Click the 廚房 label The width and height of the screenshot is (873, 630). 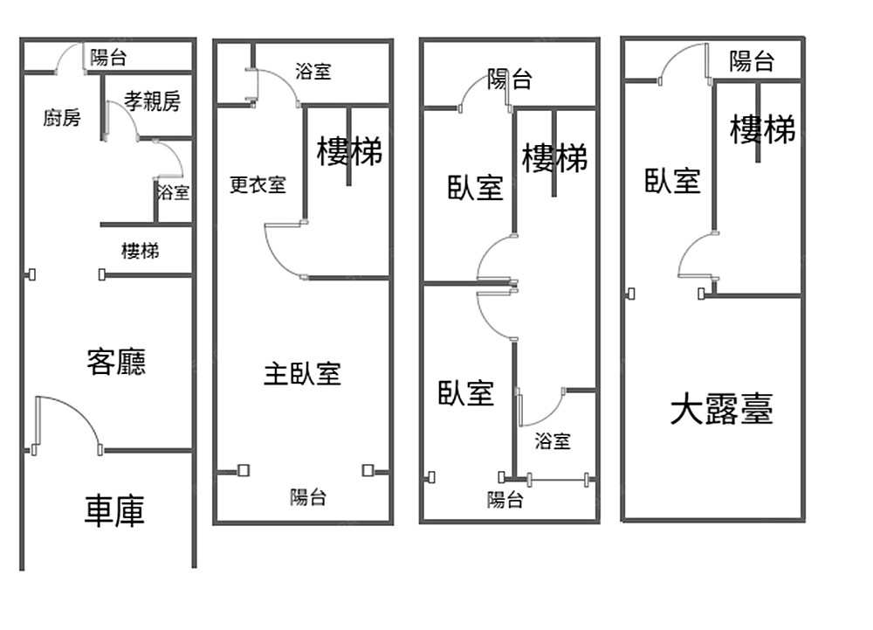(61, 119)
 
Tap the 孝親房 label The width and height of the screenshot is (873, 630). (152, 101)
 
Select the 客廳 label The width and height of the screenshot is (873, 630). (116, 360)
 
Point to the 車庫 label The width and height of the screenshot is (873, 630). (113, 511)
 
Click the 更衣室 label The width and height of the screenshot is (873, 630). (258, 185)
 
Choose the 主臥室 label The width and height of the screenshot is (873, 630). (301, 374)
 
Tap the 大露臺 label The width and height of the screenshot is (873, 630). (721, 409)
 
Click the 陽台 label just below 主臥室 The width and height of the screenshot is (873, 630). (308, 497)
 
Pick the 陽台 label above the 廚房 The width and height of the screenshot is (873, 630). (108, 59)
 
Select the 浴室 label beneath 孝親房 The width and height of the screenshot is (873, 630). (173, 191)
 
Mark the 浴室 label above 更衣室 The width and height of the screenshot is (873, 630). (313, 72)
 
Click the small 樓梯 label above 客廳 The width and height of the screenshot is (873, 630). (140, 252)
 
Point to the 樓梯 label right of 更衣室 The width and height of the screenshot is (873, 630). (349, 152)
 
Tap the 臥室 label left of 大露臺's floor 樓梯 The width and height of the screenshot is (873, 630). (672, 181)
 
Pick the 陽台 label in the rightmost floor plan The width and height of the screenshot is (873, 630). (752, 61)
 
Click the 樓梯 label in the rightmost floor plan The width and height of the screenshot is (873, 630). (763, 130)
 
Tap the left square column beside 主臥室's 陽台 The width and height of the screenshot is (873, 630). (243, 470)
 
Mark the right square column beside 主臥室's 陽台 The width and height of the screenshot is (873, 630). (368, 470)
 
